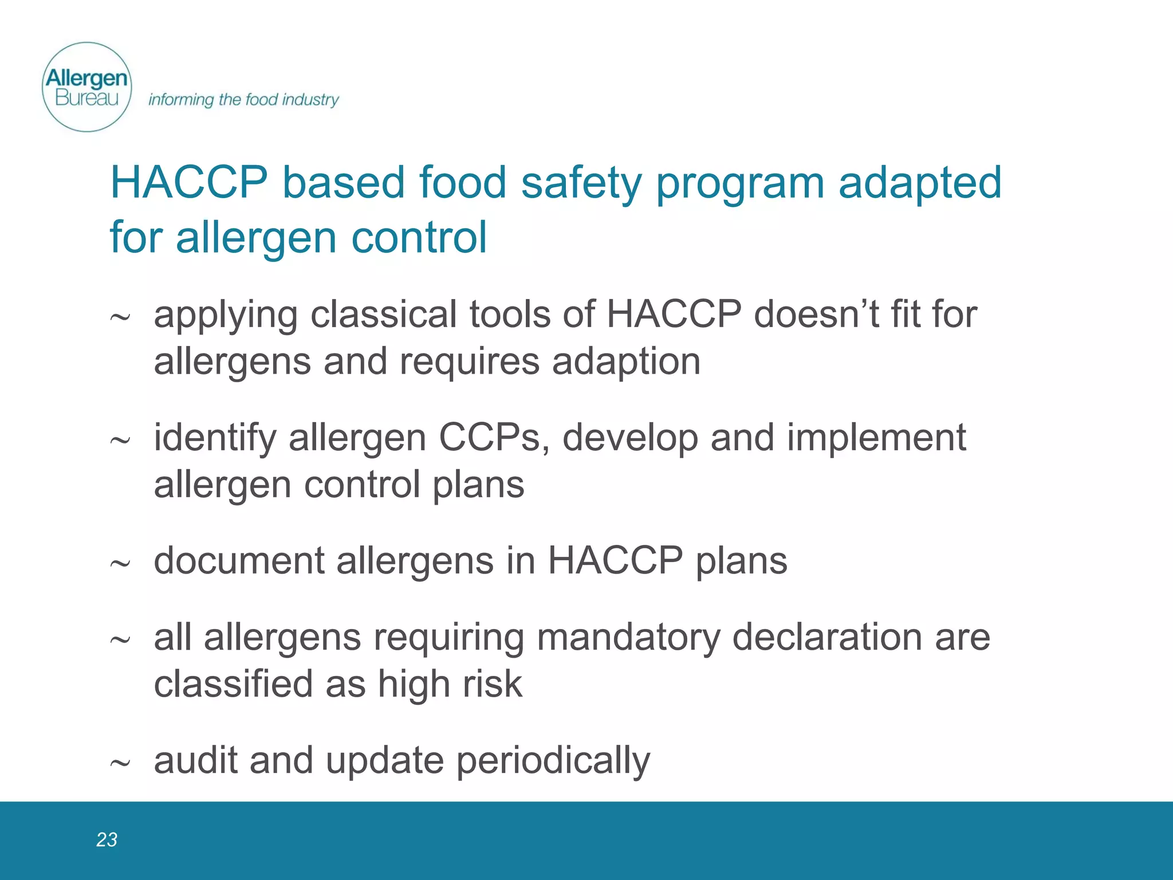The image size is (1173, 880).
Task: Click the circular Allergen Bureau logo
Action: point(87,87)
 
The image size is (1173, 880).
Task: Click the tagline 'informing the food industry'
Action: point(243,100)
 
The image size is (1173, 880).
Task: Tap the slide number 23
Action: point(107,839)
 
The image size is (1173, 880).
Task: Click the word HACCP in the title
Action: point(189,183)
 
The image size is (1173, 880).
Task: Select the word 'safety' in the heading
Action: point(581,183)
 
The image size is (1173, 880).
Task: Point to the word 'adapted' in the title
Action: point(920,183)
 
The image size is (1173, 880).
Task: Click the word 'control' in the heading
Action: point(419,237)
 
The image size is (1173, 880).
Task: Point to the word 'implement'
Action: point(876,438)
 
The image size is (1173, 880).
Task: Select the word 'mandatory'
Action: point(628,637)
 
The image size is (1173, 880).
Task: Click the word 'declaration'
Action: point(828,637)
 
